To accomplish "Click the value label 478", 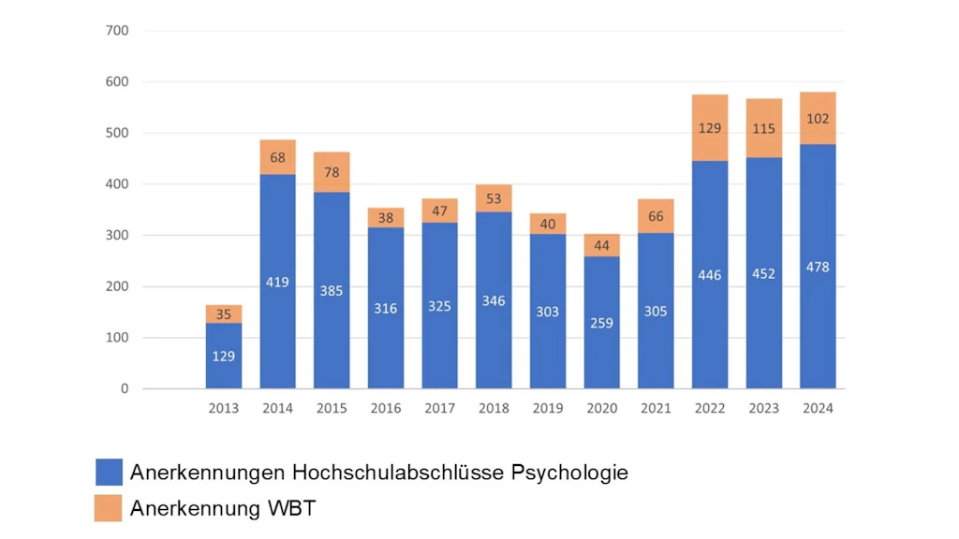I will (x=818, y=268).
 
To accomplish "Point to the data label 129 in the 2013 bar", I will (x=224, y=356).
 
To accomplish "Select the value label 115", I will (x=763, y=126).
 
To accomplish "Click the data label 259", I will (x=601, y=322).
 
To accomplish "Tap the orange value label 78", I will (x=332, y=171).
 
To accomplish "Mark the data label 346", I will (x=494, y=301).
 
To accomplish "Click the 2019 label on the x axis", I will (x=548, y=408).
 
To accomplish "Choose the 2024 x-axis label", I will (x=818, y=408).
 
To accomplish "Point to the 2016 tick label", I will (x=386, y=408).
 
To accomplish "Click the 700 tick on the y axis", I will (x=117, y=31).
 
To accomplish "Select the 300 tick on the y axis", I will (x=117, y=236).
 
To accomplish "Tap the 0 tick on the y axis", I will (x=124, y=388).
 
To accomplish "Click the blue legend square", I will (x=109, y=473).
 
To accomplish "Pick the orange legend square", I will (x=109, y=508).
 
